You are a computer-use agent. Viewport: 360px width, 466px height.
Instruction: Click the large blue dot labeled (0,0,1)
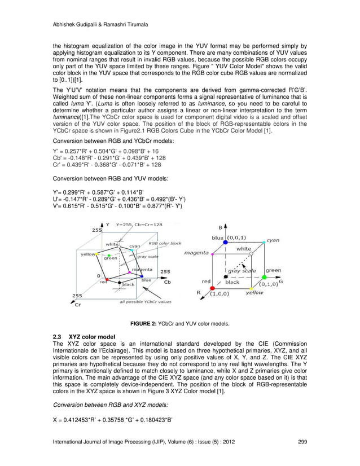[225, 242]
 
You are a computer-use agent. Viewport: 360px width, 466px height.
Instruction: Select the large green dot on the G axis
[264, 277]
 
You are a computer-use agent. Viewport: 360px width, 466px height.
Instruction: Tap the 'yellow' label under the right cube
[254, 293]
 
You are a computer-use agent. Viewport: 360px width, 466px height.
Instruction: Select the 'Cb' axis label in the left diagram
[167, 282]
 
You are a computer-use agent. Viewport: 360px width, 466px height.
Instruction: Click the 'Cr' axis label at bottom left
[78, 304]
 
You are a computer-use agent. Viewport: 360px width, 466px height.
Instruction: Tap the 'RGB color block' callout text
[165, 243]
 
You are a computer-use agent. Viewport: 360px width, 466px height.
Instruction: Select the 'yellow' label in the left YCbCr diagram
[88, 254]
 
